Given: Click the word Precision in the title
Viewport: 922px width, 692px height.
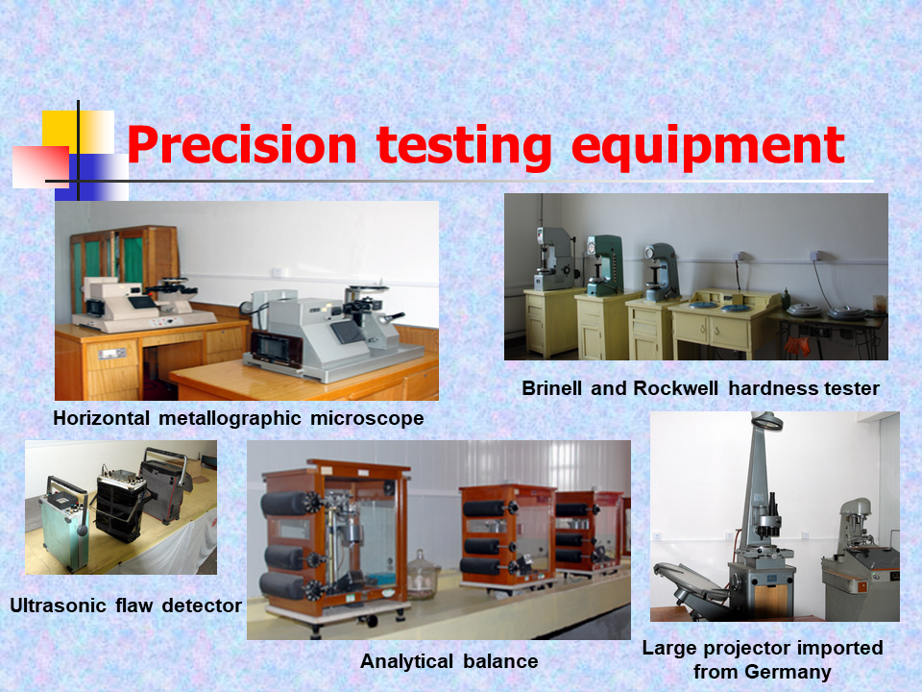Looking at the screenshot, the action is pyautogui.click(x=242, y=145).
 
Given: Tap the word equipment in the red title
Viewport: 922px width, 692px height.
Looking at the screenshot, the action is pyautogui.click(x=708, y=147).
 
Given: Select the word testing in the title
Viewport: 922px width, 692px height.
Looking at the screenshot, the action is pyautogui.click(x=464, y=147).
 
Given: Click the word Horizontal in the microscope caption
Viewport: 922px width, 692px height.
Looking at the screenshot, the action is pyautogui.click(x=101, y=418).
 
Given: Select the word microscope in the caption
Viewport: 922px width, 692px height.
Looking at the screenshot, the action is pyautogui.click(x=367, y=418).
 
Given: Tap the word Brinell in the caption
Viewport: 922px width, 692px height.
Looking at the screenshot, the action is pyautogui.click(x=551, y=388).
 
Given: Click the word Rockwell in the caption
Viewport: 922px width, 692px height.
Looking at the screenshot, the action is pyautogui.click(x=675, y=388).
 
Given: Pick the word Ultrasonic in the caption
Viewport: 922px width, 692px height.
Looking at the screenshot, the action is pyautogui.click(x=59, y=605).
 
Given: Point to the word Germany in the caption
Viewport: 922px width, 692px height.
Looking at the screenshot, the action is pyautogui.click(x=788, y=672).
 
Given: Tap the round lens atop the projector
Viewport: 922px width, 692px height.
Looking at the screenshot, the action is pyautogui.click(x=767, y=422).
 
